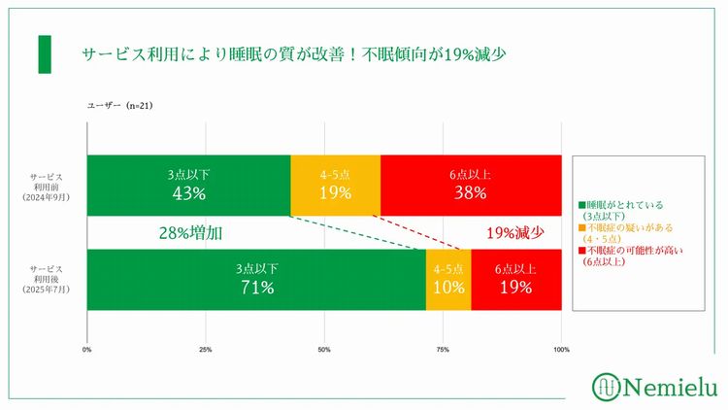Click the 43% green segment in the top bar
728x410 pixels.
point(188,185)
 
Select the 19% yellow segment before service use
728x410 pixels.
point(335,185)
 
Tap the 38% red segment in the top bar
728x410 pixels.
point(471,185)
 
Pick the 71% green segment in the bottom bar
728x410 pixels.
point(256,280)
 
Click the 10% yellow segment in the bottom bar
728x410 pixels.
point(448,280)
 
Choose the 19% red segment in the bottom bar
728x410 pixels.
point(516,280)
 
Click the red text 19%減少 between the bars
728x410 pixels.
point(514,233)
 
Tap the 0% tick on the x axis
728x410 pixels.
point(87,350)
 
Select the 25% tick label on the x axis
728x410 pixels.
point(206,350)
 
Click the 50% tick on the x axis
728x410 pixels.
point(324,350)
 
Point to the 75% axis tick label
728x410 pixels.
point(443,350)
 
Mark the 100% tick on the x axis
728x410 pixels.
point(561,350)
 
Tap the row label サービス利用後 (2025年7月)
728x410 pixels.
point(48,280)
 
